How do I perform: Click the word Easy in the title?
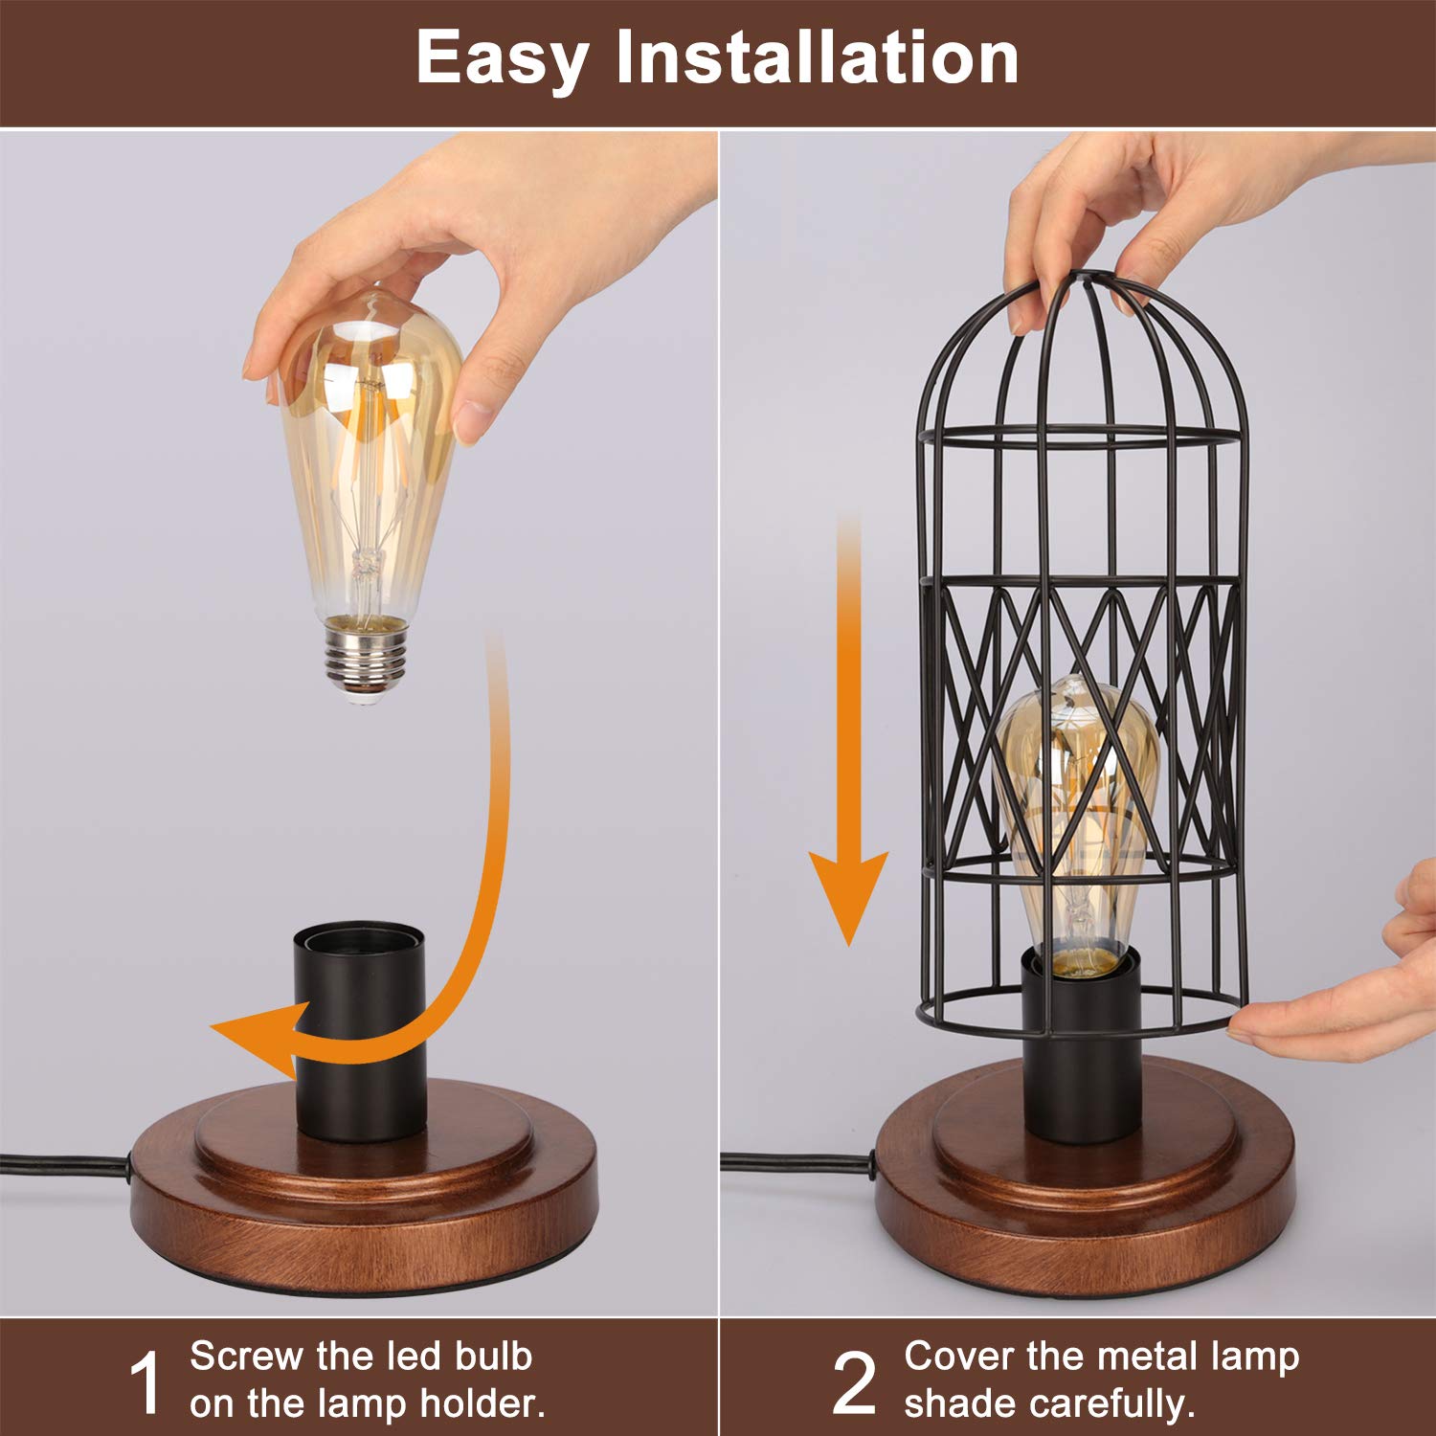click(x=502, y=59)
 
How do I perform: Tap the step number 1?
click(x=146, y=1382)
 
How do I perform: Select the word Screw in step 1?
click(x=245, y=1357)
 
